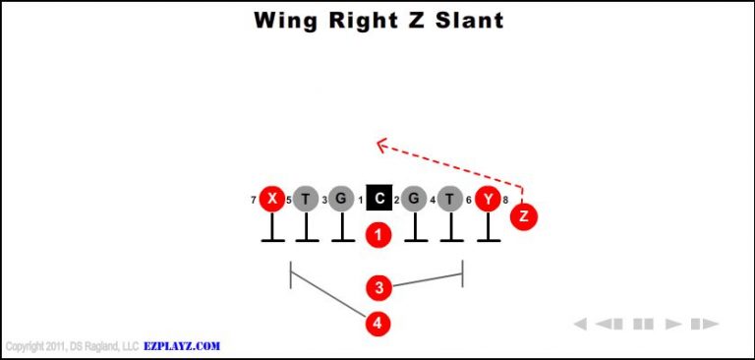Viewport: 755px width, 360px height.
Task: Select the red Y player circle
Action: pyautogui.click(x=488, y=200)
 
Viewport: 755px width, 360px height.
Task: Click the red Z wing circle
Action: pyautogui.click(x=526, y=216)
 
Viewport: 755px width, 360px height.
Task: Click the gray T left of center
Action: pyautogui.click(x=307, y=200)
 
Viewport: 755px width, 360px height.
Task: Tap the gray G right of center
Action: pyautogui.click(x=415, y=200)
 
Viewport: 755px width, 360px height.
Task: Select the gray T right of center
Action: pyautogui.click(x=450, y=200)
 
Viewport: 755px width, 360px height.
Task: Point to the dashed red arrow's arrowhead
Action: pyautogui.click(x=381, y=145)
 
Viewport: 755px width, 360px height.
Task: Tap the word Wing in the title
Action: pyautogui.click(x=286, y=20)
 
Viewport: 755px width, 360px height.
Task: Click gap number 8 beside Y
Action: pyautogui.click(x=506, y=201)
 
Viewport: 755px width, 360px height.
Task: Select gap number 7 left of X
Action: pyautogui.click(x=254, y=201)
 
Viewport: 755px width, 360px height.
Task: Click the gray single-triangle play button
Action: pyautogui.click(x=673, y=324)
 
